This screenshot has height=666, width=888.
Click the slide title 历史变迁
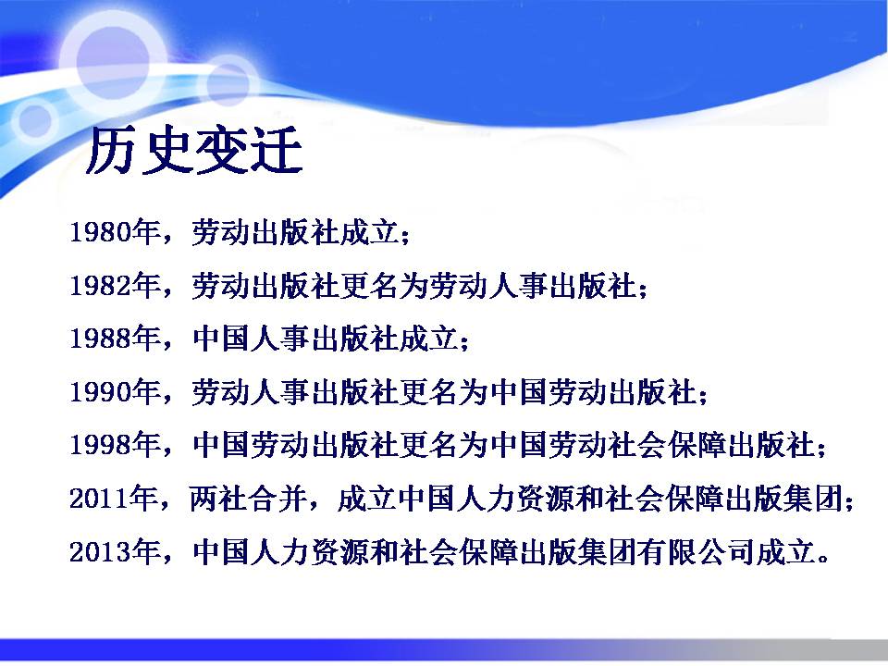point(194,151)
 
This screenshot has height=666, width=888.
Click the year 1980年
point(115,232)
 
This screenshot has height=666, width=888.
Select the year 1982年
point(115,285)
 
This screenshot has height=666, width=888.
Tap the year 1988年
point(115,339)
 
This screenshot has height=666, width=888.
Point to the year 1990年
point(115,391)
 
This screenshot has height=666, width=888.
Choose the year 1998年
point(115,445)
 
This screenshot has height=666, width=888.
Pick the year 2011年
point(115,499)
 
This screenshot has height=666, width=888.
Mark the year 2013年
point(115,551)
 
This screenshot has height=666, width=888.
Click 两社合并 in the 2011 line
point(248,499)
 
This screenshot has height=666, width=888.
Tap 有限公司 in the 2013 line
point(695,551)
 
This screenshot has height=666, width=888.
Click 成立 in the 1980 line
point(369,232)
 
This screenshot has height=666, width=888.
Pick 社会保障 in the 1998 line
point(666,445)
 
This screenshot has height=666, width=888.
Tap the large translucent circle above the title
point(113,61)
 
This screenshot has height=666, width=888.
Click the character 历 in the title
point(112,151)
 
